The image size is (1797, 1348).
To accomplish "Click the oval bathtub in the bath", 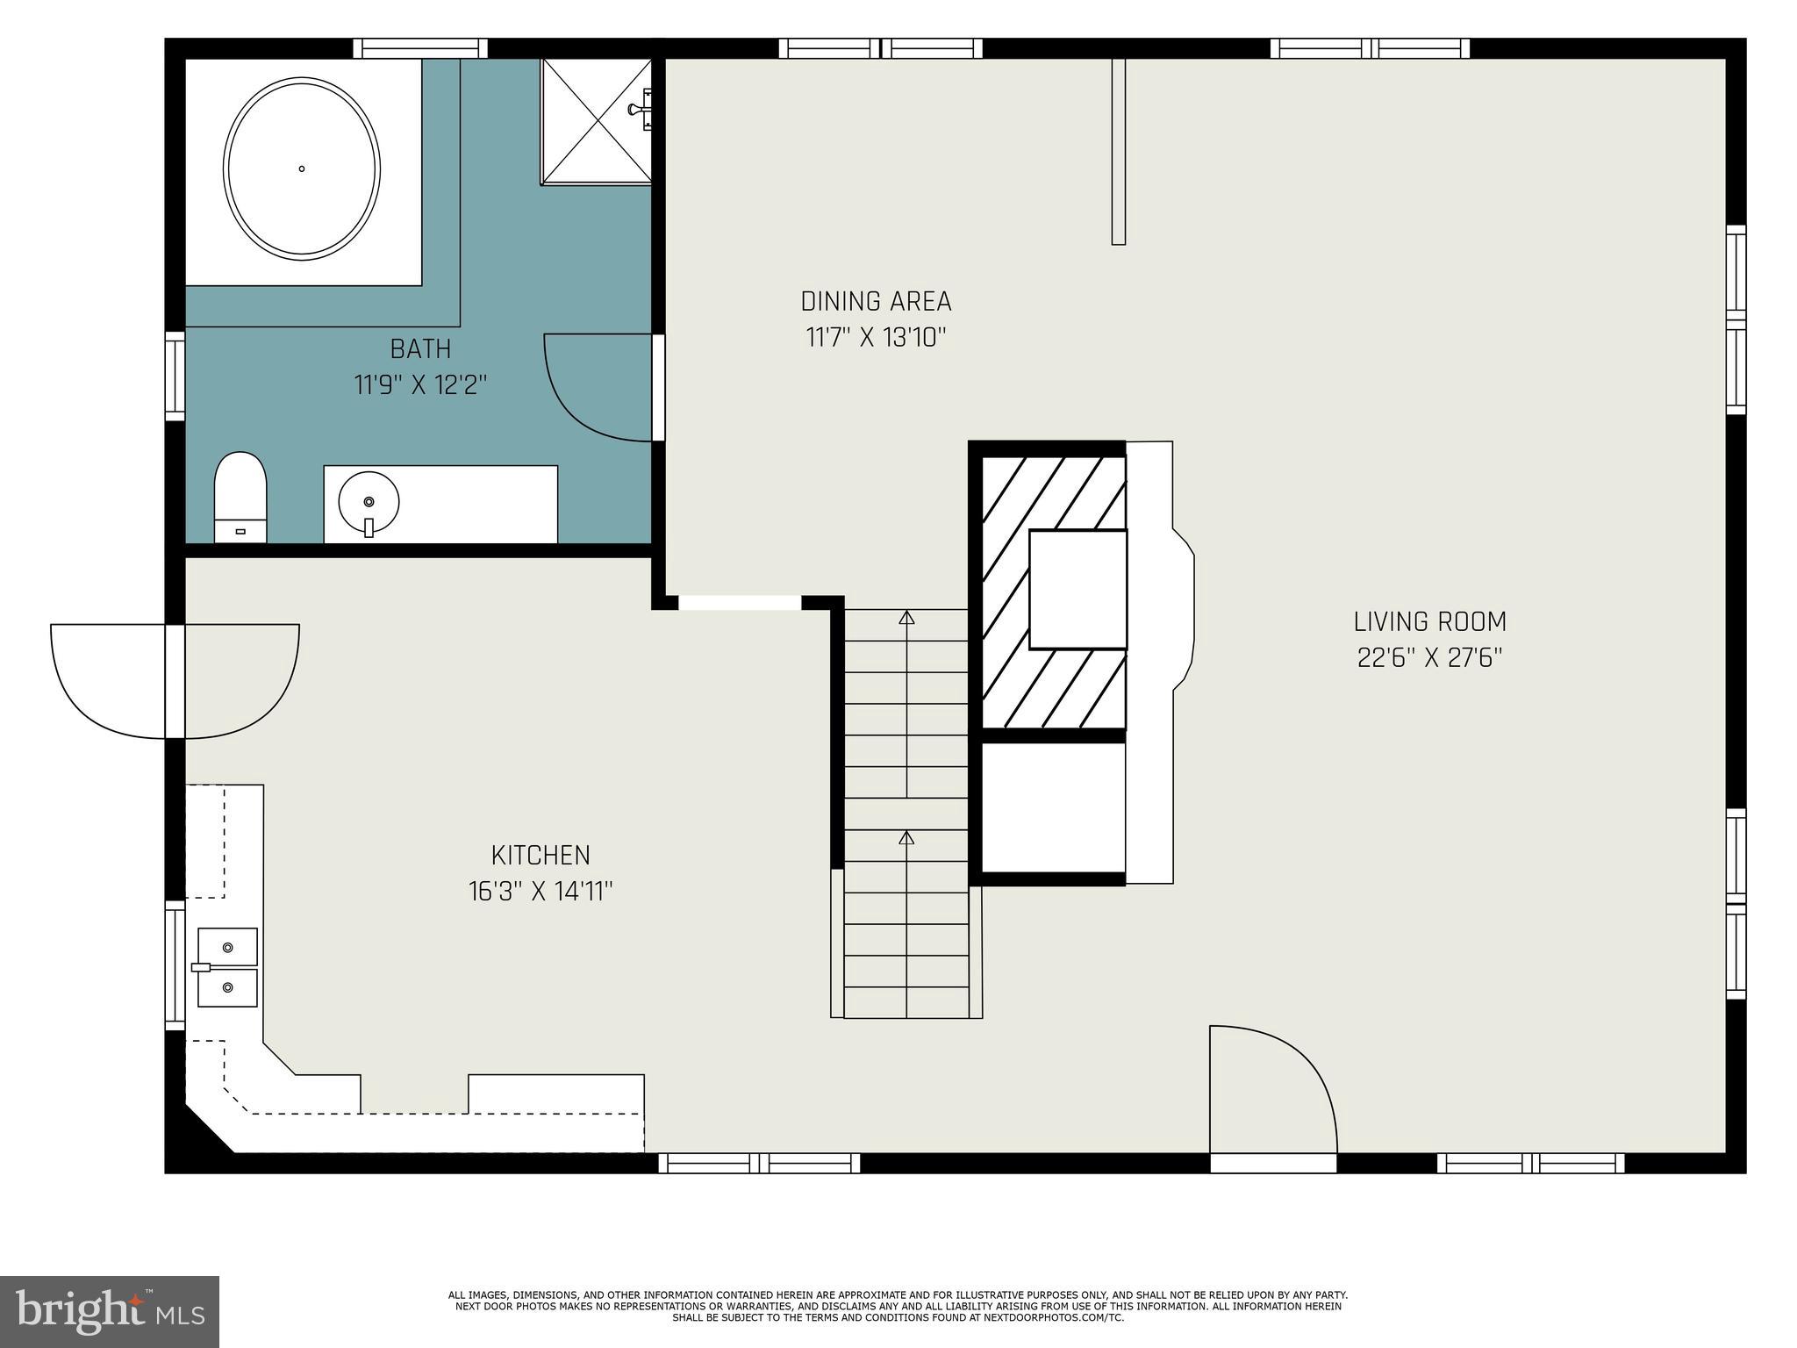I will pos(302,168).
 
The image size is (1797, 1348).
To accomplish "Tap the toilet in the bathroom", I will pos(240,497).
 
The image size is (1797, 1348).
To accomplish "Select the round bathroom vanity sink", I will pos(369,502).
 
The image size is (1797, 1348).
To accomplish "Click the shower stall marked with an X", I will pos(596,121).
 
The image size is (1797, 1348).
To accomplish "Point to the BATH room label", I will pos(420,349).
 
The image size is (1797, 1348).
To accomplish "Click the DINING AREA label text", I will pos(876,302).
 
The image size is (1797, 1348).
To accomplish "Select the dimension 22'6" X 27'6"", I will pos(1429,658).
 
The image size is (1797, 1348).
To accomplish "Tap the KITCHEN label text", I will pos(541,855).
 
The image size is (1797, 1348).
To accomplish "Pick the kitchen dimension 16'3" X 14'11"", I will pos(541,892).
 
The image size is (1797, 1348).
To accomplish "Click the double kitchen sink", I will pos(227,967).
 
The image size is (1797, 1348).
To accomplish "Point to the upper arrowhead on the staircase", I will pos(906,618).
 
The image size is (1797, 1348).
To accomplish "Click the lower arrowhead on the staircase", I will pos(906,838).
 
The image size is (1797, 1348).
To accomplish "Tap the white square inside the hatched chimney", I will pos(1077,590).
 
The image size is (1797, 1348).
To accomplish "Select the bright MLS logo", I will pos(109,1311).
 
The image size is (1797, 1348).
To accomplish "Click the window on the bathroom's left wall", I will pos(175,376).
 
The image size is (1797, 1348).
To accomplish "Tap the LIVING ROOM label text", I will pos(1429,621).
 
